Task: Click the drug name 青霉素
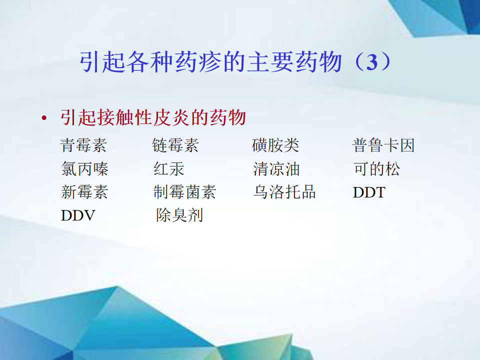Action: [83, 145]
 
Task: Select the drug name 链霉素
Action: [175, 145]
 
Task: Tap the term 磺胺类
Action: [275, 145]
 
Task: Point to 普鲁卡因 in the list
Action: [383, 145]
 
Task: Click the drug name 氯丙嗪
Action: [85, 168]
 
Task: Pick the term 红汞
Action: [168, 168]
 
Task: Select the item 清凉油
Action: [276, 168]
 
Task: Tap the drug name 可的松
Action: [377, 168]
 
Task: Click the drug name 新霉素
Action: [84, 192]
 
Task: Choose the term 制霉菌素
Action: [185, 192]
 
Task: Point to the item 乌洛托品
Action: [284, 192]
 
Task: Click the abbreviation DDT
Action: [369, 192]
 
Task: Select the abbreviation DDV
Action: [78, 215]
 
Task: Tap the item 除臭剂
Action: [179, 215]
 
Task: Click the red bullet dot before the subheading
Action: [44, 118]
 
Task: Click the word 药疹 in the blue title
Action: [198, 62]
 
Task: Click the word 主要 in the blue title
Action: [270, 62]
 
